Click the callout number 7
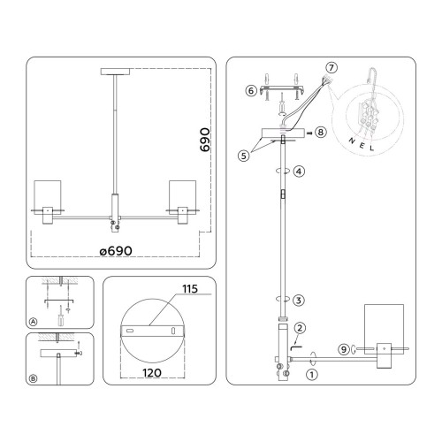pyautogui.click(x=331, y=68)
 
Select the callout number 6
pyautogui.click(x=251, y=90)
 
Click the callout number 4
pyautogui.click(x=300, y=170)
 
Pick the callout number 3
pyautogui.click(x=300, y=300)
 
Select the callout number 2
pyautogui.click(x=301, y=329)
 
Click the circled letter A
pyautogui.click(x=34, y=322)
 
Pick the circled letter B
pyautogui.click(x=34, y=379)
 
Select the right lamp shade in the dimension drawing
pyautogui.click(x=181, y=196)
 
